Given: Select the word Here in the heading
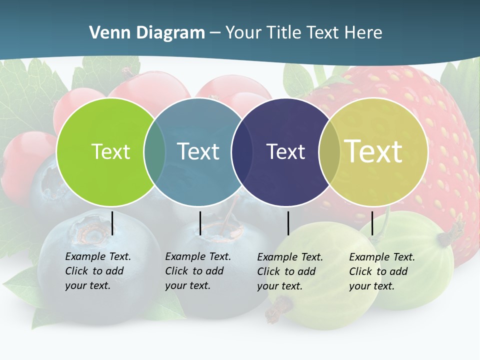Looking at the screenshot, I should (x=363, y=32).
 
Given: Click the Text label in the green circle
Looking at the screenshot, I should (x=110, y=151).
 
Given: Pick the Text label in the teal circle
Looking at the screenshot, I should (x=198, y=151).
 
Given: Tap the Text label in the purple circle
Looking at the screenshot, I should (x=285, y=151).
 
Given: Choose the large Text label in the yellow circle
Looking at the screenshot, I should (x=373, y=151).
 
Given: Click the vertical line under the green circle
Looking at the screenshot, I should (x=112, y=223).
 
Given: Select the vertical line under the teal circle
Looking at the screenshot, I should (x=200, y=223).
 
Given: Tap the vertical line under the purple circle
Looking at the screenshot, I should (x=288, y=223).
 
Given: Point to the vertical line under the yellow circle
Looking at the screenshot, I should (x=372, y=223).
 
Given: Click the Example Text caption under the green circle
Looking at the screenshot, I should (x=98, y=271).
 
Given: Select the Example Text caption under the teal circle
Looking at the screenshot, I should (x=198, y=271).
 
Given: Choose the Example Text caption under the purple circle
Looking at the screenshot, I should (x=290, y=271).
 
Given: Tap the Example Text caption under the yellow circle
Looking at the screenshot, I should (x=382, y=271).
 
